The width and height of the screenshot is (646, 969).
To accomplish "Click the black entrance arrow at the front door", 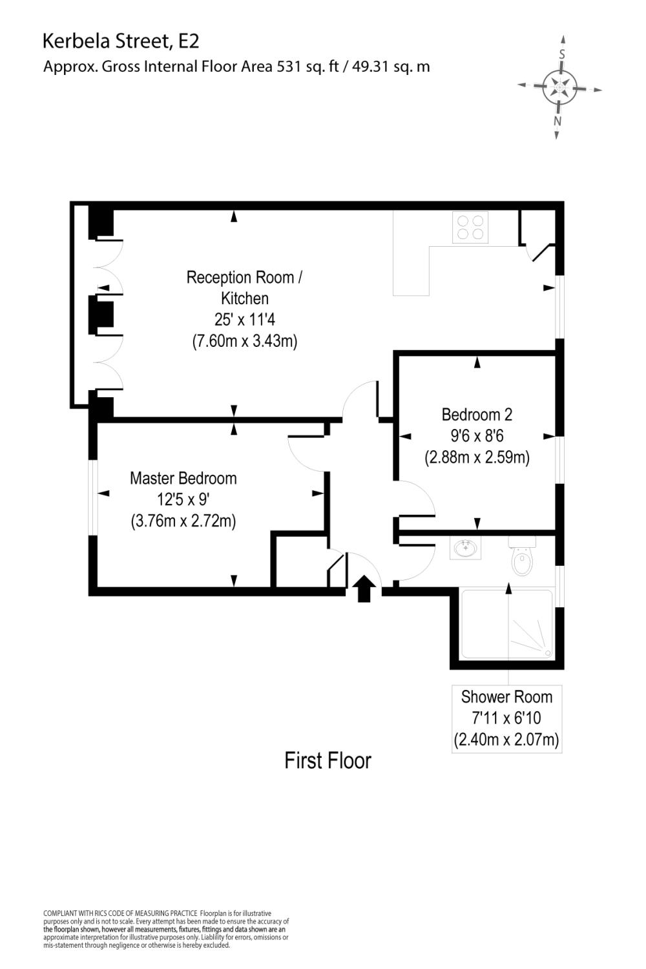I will tap(364, 589).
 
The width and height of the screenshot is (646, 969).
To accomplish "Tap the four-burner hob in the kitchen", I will tap(470, 227).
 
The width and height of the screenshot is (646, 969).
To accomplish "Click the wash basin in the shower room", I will tap(465, 549).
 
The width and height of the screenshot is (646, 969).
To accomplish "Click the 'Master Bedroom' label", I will tap(183, 478).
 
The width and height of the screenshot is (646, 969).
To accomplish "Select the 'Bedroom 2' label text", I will tap(477, 414).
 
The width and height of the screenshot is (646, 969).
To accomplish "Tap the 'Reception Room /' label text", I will tap(244, 277).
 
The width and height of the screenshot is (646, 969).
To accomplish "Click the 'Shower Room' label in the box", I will tap(506, 697).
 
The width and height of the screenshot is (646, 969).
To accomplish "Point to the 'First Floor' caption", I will tap(328, 760).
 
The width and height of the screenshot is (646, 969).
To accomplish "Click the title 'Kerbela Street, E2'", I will tap(121, 41).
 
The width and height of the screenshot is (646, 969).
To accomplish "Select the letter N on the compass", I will tap(557, 121).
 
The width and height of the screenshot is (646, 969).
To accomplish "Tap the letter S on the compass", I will tap(562, 55).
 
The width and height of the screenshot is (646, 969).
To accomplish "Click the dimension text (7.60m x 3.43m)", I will tap(244, 341).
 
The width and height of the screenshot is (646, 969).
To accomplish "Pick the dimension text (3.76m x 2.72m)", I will tap(183, 521).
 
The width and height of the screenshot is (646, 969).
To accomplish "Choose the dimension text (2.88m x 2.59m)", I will tap(477, 457).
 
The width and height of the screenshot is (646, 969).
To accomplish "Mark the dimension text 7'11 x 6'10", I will tap(506, 718).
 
